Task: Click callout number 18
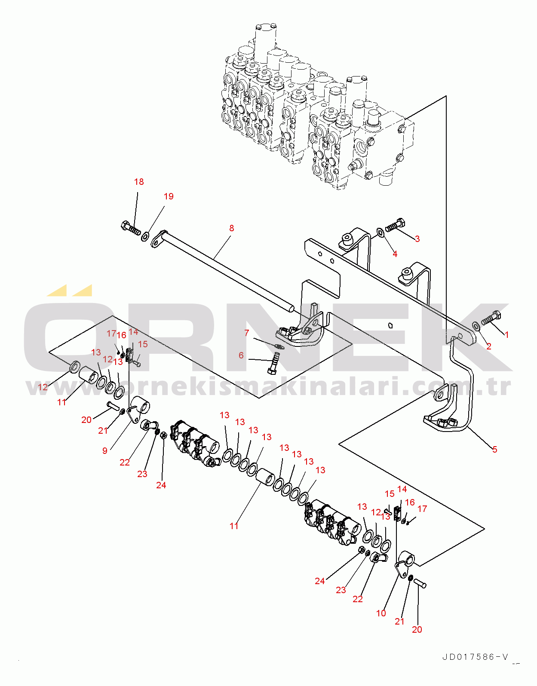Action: (139, 182)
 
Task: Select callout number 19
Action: (169, 196)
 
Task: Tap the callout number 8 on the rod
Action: (232, 228)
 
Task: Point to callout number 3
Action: (417, 239)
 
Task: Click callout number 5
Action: (494, 450)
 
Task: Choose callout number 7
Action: (247, 333)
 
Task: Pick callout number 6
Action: (241, 355)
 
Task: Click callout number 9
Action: (105, 451)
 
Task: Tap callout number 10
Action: (381, 613)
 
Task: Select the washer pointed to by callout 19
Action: (146, 236)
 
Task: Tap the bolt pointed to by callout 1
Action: (491, 318)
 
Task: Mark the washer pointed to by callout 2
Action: (476, 326)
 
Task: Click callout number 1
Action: (506, 335)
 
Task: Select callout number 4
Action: (395, 254)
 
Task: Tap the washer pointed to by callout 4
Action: (381, 233)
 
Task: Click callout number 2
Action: (488, 346)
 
